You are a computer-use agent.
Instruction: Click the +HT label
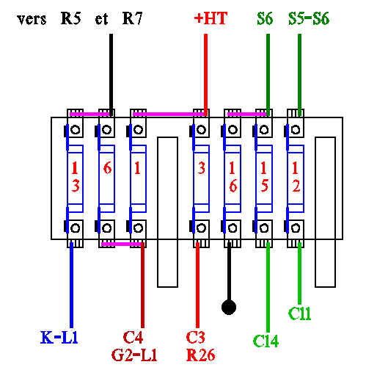click(211, 18)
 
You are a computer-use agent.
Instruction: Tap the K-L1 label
click(59, 338)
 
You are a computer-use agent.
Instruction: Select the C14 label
click(266, 341)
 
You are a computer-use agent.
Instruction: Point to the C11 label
click(299, 313)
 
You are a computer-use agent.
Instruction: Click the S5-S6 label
click(309, 18)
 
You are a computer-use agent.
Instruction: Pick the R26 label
click(201, 355)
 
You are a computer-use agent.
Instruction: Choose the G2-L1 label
click(134, 355)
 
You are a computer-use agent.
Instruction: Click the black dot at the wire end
click(229, 308)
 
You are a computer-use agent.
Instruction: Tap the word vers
click(32, 20)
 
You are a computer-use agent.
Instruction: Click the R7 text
click(132, 18)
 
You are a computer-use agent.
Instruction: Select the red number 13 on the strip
click(76, 177)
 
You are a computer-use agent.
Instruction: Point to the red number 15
click(264, 177)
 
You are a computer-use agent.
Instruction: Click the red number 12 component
click(296, 177)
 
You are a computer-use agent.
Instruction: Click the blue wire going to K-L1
click(71, 285)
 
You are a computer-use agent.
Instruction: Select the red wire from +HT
click(205, 75)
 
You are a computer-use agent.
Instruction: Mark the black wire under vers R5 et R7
click(111, 75)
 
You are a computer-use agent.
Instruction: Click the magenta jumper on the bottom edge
click(121, 244)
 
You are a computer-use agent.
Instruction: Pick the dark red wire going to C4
click(142, 285)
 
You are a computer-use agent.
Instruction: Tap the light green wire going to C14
click(268, 287)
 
